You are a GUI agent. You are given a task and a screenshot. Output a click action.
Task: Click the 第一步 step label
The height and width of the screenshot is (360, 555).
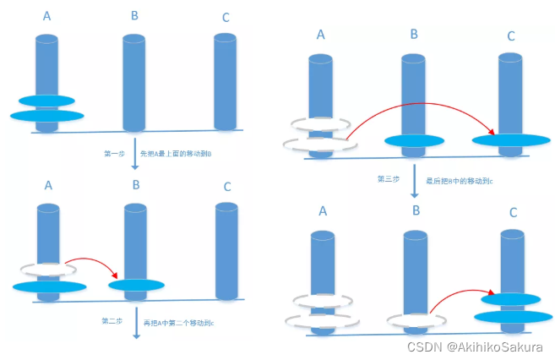tap(113, 154)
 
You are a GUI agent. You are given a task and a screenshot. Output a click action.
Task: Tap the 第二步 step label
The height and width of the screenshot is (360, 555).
tap(113, 322)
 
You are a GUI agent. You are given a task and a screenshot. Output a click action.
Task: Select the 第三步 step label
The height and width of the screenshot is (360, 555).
tap(389, 179)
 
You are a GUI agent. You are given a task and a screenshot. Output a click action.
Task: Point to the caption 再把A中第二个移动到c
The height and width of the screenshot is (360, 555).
tap(178, 322)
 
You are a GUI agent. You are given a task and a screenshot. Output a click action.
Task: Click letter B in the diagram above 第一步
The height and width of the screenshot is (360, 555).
tap(135, 15)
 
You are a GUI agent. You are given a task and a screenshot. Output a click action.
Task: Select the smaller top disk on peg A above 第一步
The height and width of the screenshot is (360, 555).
tap(46, 101)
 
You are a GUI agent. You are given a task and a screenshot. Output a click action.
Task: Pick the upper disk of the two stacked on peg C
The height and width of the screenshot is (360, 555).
tap(509, 298)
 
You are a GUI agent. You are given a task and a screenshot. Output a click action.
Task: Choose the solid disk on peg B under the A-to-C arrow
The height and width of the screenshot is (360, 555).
tap(414, 141)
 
